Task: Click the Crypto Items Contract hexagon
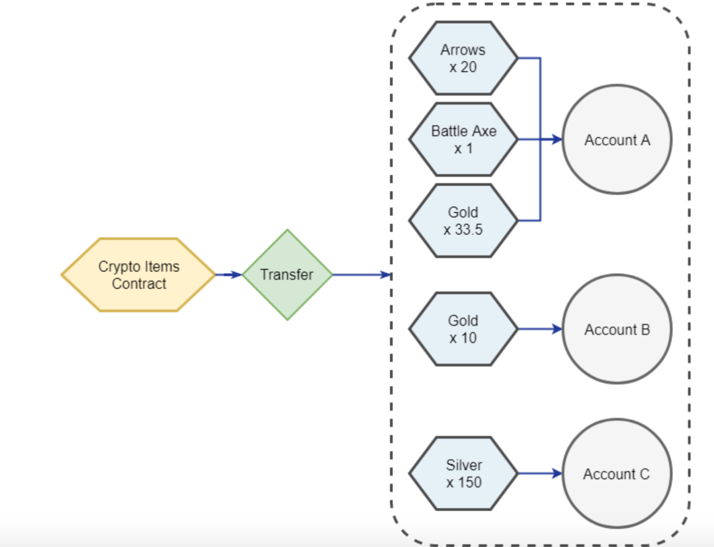click(x=138, y=274)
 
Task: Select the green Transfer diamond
click(x=287, y=274)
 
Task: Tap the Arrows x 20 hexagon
click(x=463, y=58)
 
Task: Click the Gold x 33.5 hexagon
click(x=463, y=221)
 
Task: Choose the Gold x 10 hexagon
click(x=463, y=329)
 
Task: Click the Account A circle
click(x=617, y=139)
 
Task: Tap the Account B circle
click(x=617, y=329)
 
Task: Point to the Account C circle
click(x=617, y=473)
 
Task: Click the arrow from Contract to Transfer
click(x=229, y=274)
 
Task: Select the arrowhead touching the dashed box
click(x=385, y=274)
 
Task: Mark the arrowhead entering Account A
click(x=556, y=139)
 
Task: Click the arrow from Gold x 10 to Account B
click(x=540, y=329)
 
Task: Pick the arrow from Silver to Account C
click(x=540, y=473)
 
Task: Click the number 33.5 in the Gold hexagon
click(x=469, y=230)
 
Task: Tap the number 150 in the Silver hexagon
click(x=470, y=482)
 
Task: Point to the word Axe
click(x=484, y=131)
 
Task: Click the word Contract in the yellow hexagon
click(x=139, y=284)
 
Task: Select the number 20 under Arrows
click(x=469, y=67)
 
